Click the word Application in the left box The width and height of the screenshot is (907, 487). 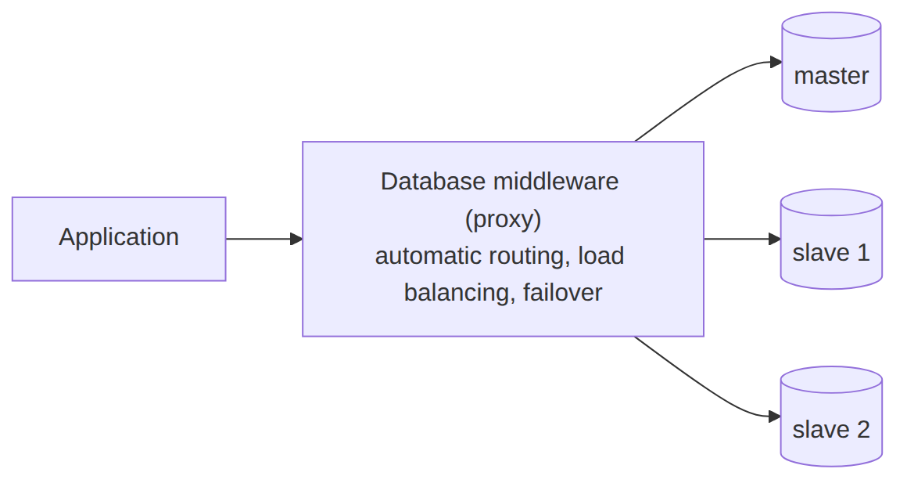119,237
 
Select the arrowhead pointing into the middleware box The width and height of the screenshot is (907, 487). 296,239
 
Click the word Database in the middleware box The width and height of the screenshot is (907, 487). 432,181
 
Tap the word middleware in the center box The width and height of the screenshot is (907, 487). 556,181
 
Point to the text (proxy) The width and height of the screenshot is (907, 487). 503,219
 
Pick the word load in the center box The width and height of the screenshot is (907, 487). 601,255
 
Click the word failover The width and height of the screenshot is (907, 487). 562,292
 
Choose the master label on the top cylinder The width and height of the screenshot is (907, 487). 831,76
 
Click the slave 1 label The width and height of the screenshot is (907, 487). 831,252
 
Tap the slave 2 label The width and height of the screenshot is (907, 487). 831,430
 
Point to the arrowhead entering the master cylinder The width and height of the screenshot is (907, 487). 776,62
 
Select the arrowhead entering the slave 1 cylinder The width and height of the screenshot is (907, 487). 775,239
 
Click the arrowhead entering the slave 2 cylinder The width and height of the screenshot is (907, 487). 775,417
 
